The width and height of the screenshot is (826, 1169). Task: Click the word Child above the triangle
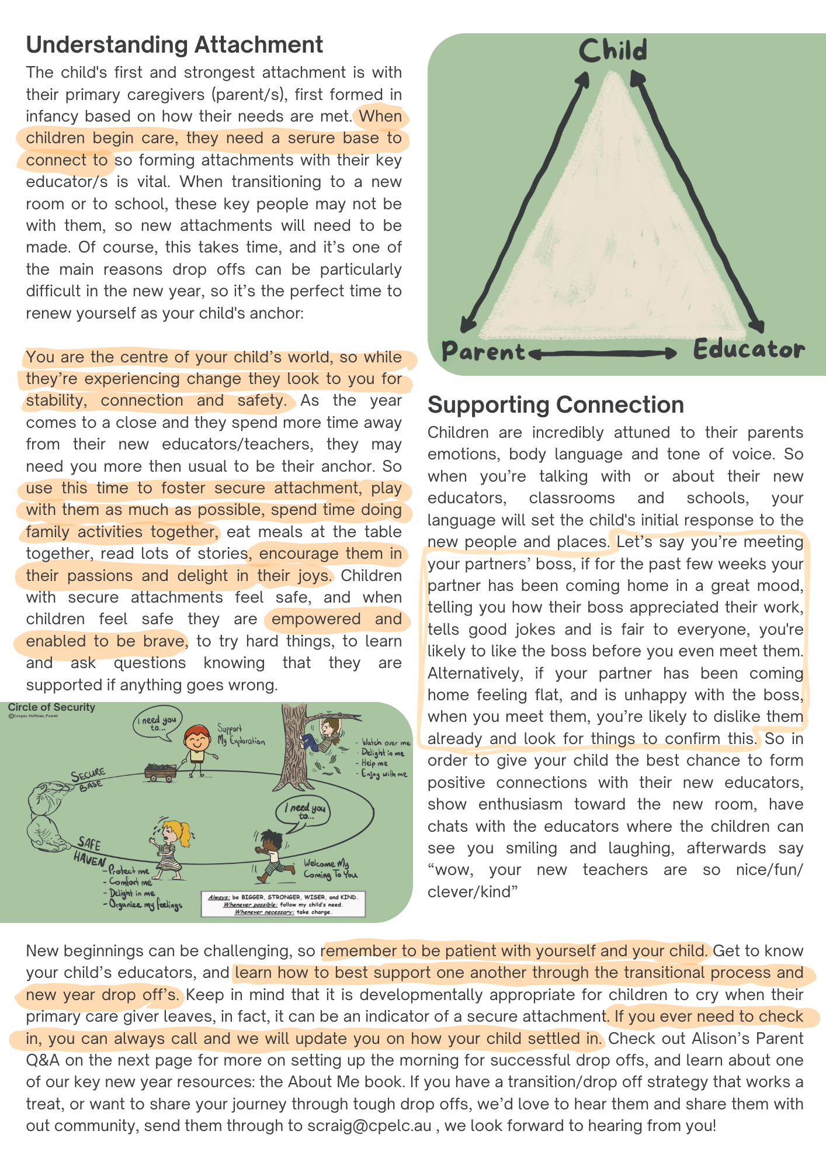(613, 51)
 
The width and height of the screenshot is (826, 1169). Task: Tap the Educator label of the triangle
(748, 350)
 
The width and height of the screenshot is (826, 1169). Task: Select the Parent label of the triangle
(484, 352)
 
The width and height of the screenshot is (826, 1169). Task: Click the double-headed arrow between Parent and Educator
(602, 353)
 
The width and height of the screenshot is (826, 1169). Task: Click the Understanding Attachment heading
(175, 45)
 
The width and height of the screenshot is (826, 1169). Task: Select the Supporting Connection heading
(556, 405)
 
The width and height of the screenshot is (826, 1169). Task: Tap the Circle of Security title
(51, 707)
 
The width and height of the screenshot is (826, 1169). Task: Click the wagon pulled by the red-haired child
(160, 771)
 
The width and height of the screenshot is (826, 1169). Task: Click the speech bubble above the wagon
(157, 723)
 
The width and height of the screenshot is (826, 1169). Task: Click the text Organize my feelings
(143, 905)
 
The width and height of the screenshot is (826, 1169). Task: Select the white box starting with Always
(283, 904)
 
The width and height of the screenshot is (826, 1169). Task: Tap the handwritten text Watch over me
(386, 743)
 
